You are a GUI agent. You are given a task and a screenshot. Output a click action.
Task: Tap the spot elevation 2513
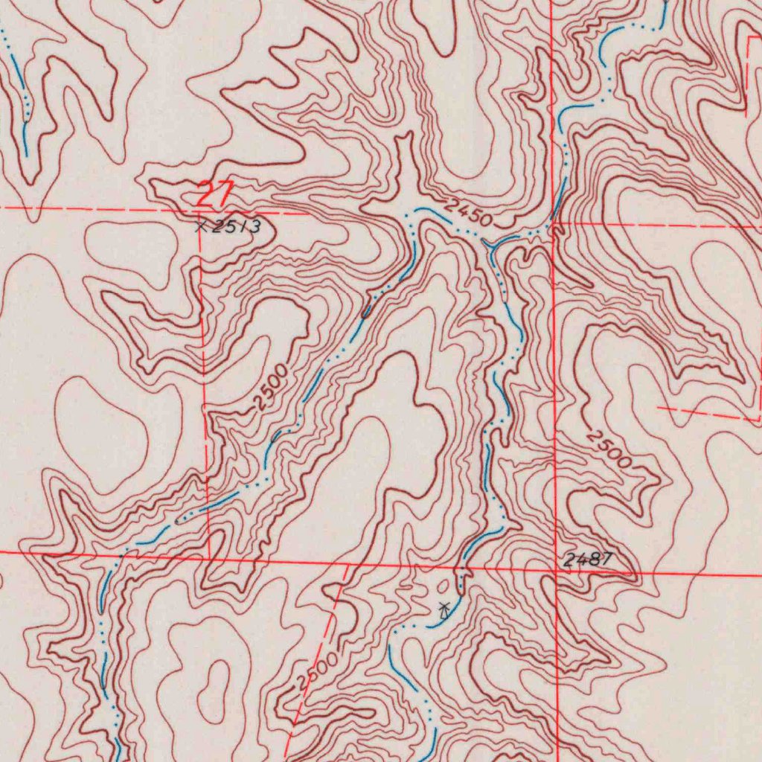click(235, 226)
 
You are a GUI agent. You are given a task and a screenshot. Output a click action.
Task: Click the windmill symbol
click(444, 611)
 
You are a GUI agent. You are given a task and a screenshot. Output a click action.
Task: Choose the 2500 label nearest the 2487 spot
click(608, 449)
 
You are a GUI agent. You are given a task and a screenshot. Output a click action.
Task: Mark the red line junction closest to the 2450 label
click(553, 222)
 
